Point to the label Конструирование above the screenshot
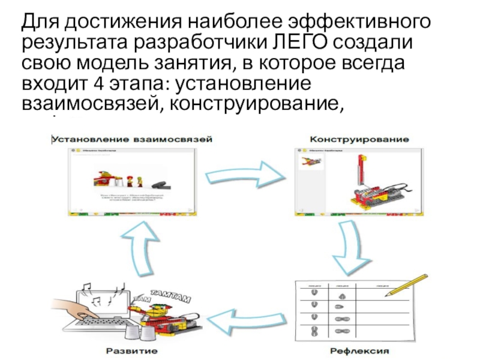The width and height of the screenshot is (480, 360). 359,139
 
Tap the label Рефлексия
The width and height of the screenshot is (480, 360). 359,349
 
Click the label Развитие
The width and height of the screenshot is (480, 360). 133,349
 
